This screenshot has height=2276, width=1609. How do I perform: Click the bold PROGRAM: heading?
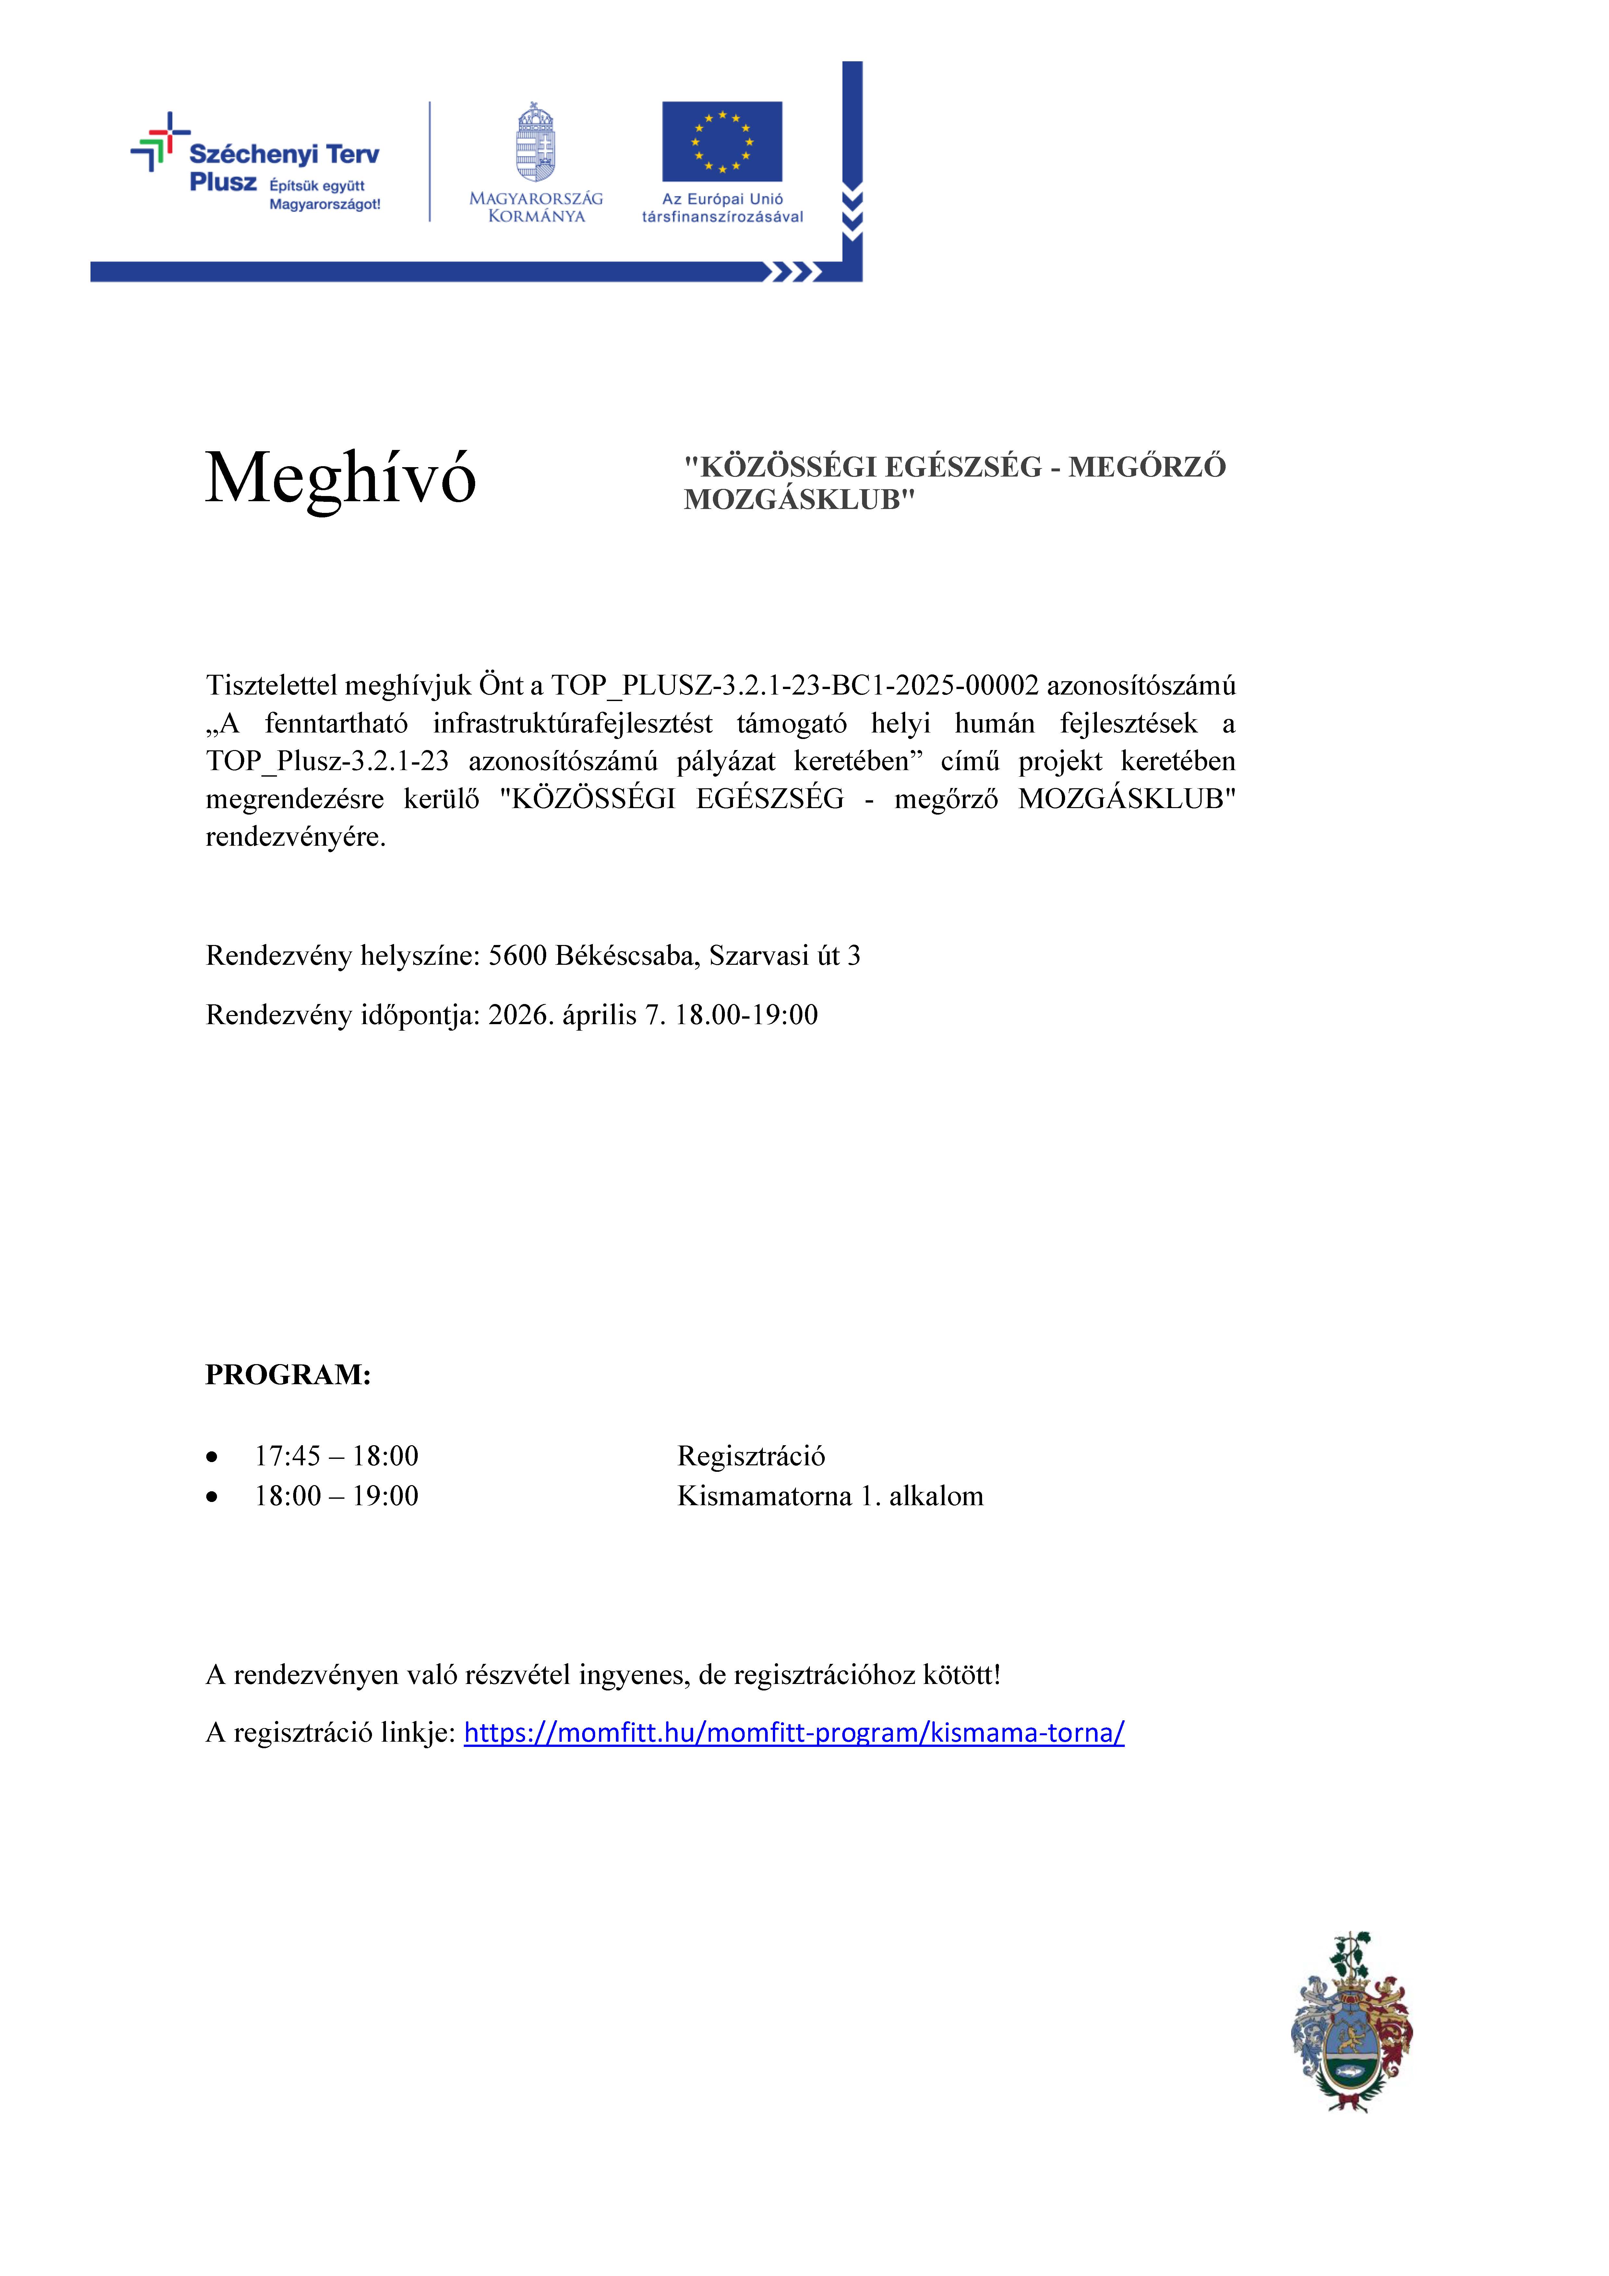point(287,1375)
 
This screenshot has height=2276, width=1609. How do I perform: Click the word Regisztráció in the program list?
point(750,1456)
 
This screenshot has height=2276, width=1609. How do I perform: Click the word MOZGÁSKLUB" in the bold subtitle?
point(799,500)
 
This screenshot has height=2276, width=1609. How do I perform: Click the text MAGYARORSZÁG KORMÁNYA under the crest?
point(535,207)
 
